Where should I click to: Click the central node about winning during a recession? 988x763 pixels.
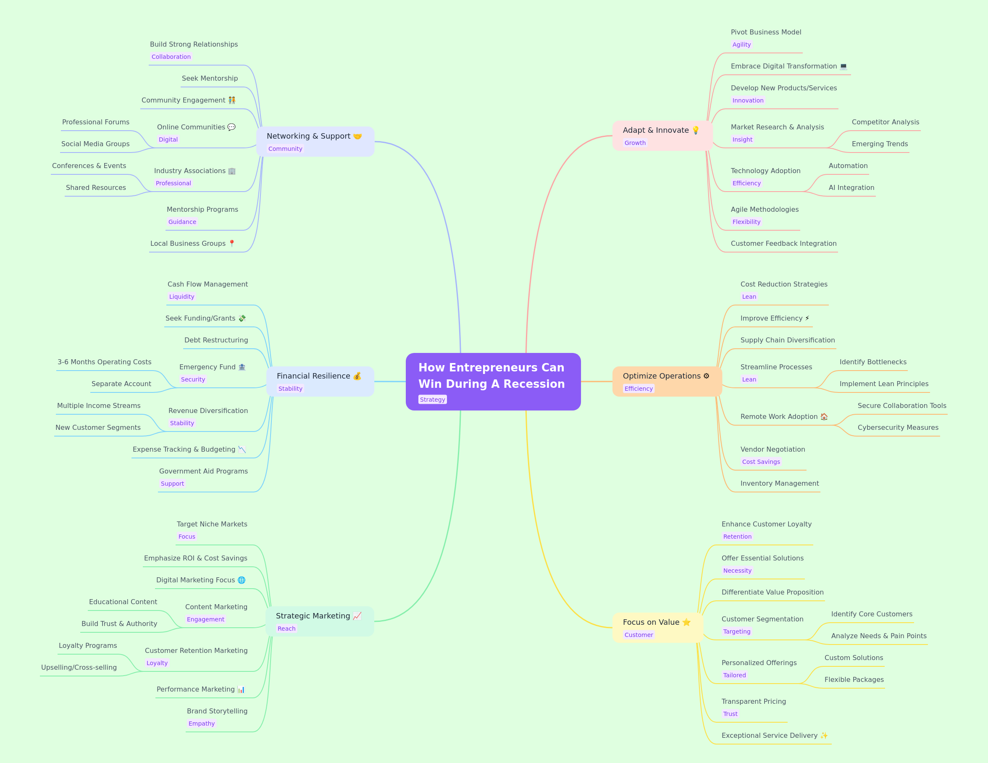pyautogui.click(x=493, y=381)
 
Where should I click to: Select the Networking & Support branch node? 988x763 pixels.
pyautogui.click(x=315, y=142)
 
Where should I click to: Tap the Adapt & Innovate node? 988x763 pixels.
pyautogui.click(x=662, y=136)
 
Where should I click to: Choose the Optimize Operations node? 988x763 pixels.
pyautogui.click(x=667, y=381)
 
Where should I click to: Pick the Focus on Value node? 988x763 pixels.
pyautogui.click(x=657, y=628)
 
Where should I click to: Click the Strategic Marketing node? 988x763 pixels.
pyautogui.click(x=320, y=621)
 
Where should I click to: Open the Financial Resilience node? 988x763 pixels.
pyautogui.click(x=320, y=381)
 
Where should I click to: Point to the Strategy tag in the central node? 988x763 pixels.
pyautogui.click(x=433, y=400)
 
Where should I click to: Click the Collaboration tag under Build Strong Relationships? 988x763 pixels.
pyautogui.click(x=171, y=57)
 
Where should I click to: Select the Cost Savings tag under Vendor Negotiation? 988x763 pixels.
pyautogui.click(x=761, y=462)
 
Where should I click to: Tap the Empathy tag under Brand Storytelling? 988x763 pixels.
pyautogui.click(x=201, y=723)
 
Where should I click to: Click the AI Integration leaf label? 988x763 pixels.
pyautogui.click(x=851, y=187)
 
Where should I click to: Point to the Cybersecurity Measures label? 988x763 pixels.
pyautogui.click(x=898, y=427)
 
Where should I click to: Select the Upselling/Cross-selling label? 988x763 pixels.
pyautogui.click(x=79, y=667)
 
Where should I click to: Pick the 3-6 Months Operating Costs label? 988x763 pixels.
pyautogui.click(x=105, y=362)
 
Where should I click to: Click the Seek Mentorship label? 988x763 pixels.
pyautogui.click(x=210, y=78)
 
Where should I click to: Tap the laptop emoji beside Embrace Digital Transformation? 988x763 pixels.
pyautogui.click(x=843, y=66)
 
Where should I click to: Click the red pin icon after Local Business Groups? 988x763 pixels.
pyautogui.click(x=231, y=243)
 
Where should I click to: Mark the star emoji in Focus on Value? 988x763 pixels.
pyautogui.click(x=686, y=622)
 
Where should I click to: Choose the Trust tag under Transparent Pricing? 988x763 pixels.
pyautogui.click(x=730, y=714)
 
